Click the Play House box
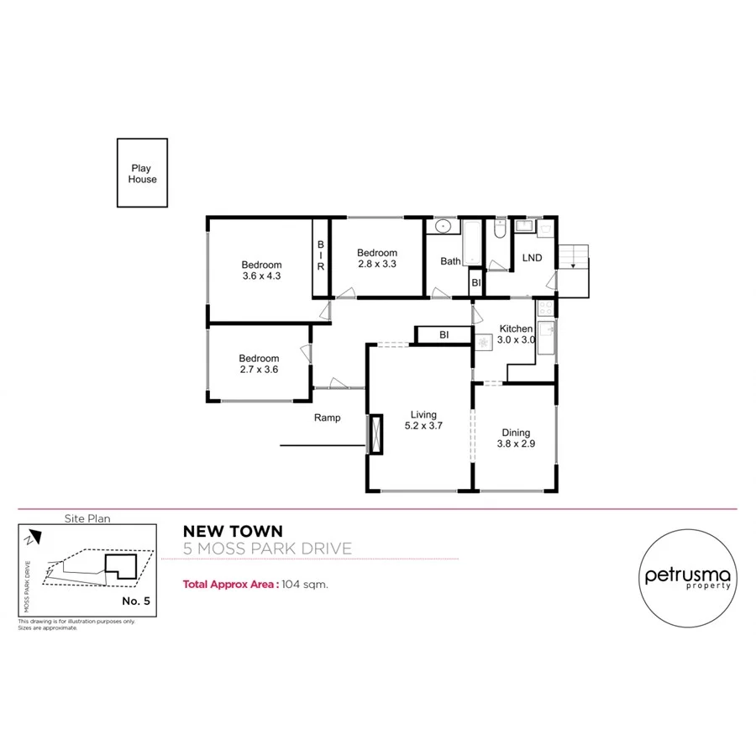[142, 173]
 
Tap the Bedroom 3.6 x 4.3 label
[261, 270]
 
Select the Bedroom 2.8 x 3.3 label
[376, 258]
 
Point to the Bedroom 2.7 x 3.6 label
[259, 364]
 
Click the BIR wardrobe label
[320, 255]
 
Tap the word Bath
[450, 261]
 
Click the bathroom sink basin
[443, 227]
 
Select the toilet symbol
[499, 230]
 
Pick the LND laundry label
[532, 258]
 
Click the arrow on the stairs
[573, 262]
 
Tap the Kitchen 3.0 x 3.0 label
[516, 334]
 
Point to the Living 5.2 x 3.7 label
[423, 420]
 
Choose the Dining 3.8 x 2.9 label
[517, 438]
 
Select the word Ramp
[327, 417]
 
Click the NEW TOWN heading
[233, 531]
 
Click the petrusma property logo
[688, 576]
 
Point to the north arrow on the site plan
[31, 536]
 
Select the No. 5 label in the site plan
[136, 601]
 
